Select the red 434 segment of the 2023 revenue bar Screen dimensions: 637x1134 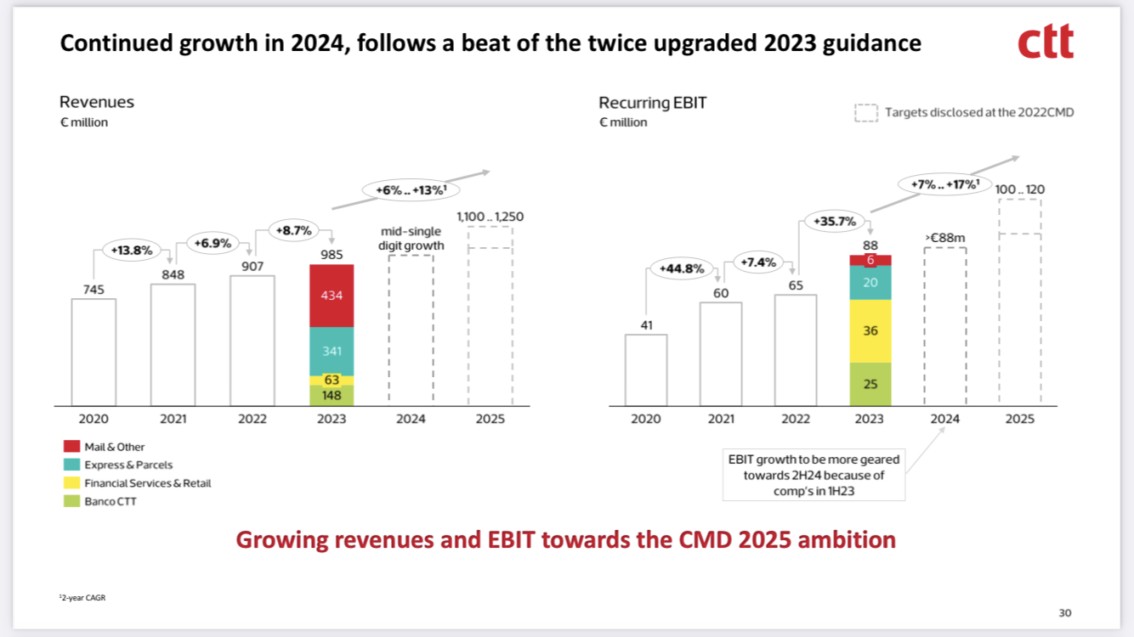click(x=332, y=296)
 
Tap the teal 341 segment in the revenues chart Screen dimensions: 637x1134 click(x=332, y=351)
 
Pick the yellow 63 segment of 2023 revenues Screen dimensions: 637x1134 click(x=332, y=381)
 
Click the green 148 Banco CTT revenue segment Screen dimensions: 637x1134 click(x=332, y=395)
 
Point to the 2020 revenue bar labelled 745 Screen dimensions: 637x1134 click(x=94, y=352)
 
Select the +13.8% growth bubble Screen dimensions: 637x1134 click(x=132, y=250)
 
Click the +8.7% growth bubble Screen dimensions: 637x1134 click(x=291, y=229)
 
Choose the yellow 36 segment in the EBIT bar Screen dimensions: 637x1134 click(x=870, y=331)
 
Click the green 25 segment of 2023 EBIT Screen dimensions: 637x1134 click(x=870, y=384)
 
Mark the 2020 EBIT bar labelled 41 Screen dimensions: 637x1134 click(x=646, y=369)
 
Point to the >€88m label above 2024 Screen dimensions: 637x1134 click(x=944, y=238)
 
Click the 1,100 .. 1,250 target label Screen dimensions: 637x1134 click(x=490, y=217)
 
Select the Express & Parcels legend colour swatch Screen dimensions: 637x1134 click(x=71, y=465)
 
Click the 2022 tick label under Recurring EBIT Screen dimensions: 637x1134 click(x=796, y=419)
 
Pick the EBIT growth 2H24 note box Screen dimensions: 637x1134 click(x=813, y=476)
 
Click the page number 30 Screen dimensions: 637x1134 click(x=1065, y=613)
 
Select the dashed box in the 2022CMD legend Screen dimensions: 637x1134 click(x=865, y=112)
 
